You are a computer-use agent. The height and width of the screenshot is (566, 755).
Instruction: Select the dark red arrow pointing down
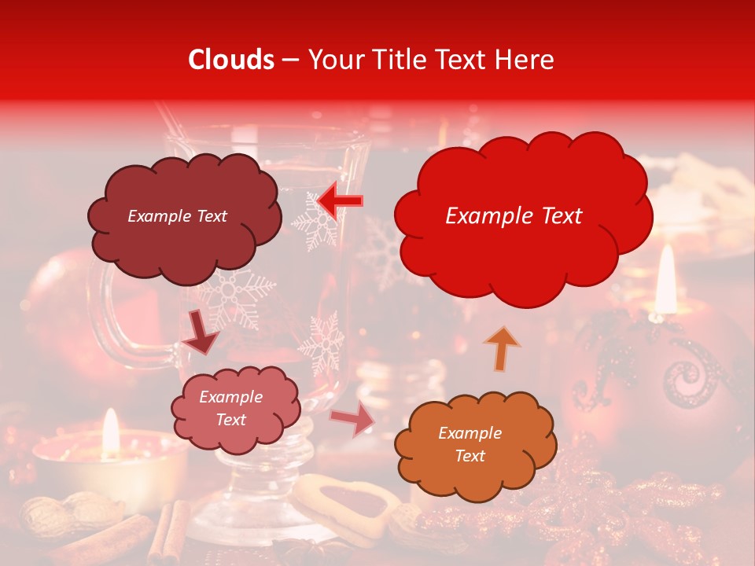pos(201,333)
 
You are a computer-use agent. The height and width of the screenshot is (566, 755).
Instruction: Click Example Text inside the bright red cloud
pos(514,216)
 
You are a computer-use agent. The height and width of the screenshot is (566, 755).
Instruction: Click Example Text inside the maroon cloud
pos(177,216)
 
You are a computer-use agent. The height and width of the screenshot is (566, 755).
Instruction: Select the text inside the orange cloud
pos(470,444)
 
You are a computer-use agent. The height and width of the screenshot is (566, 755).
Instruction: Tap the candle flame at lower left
pos(111,431)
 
